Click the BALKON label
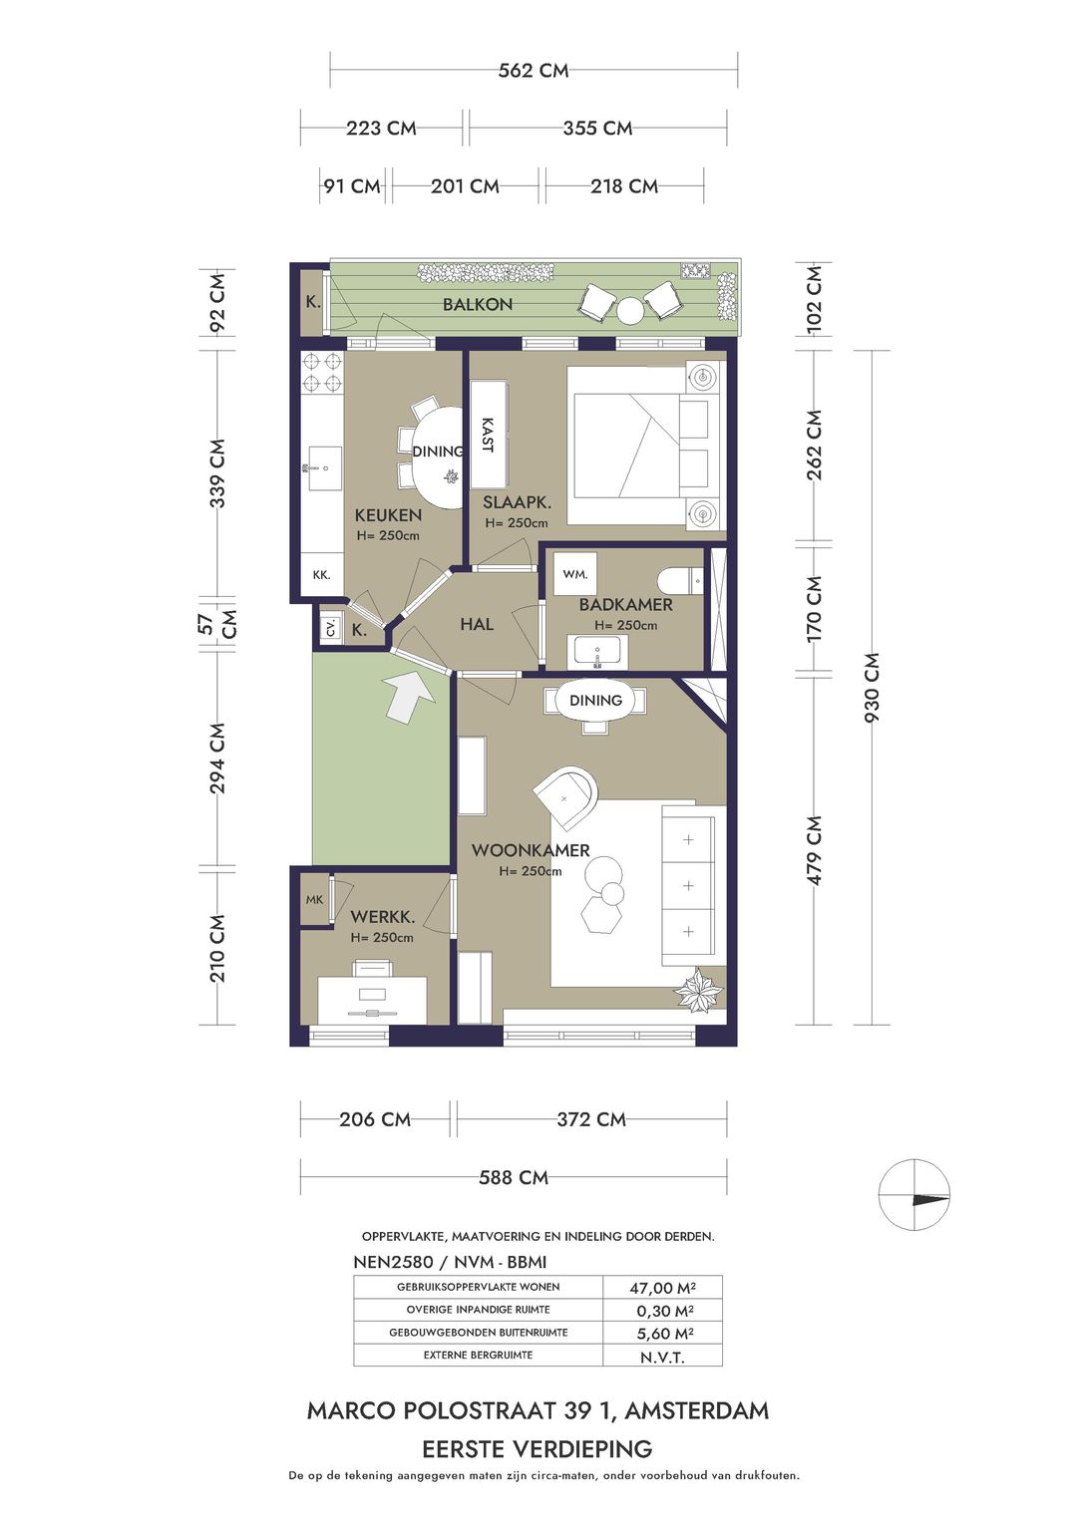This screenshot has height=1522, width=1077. tap(478, 304)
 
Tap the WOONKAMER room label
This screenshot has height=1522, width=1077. tap(531, 850)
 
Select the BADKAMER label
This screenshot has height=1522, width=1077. tap(625, 604)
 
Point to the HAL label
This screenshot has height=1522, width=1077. tap(477, 624)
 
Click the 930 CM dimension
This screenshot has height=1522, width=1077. tap(873, 688)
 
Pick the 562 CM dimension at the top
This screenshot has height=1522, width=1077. tap(534, 70)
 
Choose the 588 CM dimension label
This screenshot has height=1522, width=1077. tap(514, 1177)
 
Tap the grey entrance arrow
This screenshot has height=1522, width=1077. tap(409, 696)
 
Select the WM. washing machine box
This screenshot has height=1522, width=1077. tap(575, 574)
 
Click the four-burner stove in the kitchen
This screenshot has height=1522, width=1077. tap(322, 372)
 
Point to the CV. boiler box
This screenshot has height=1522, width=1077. tap(331, 628)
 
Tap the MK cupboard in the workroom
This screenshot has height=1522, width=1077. tap(314, 900)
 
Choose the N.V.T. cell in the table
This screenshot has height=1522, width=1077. tap(662, 1358)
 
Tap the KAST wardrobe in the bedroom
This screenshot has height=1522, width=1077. tap(487, 435)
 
